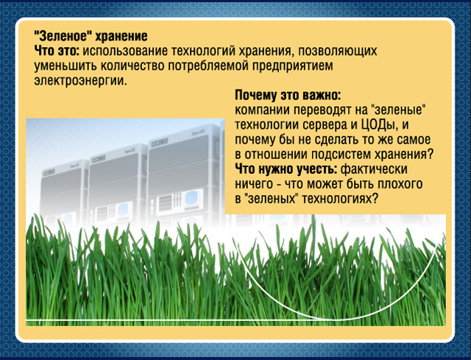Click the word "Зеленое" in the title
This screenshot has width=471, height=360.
(x=63, y=36)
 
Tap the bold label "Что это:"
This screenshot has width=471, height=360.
(x=57, y=51)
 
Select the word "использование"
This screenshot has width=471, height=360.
(x=125, y=51)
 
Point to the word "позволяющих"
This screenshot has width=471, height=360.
(x=337, y=52)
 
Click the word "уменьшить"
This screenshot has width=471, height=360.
(x=65, y=66)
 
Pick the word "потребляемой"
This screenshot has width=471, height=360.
(x=208, y=66)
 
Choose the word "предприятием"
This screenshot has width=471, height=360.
(x=293, y=66)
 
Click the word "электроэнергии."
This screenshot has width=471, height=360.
(x=81, y=81)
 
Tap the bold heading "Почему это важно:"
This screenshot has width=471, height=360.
(x=288, y=96)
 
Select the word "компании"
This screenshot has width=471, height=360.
(x=262, y=110)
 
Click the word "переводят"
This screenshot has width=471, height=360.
(x=322, y=110)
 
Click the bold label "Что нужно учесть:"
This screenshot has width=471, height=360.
(x=286, y=169)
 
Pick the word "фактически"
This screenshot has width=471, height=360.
(x=375, y=169)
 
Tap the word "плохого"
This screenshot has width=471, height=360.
(x=400, y=184)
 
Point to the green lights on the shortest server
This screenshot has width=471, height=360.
(x=48, y=173)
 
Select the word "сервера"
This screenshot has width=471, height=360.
(x=325, y=125)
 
